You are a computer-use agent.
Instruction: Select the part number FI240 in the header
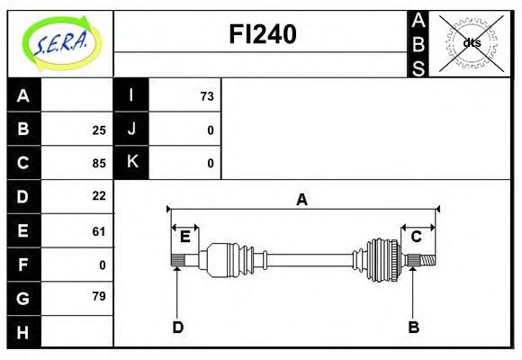[x=261, y=35]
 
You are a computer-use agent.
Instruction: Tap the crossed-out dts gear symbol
[x=471, y=42]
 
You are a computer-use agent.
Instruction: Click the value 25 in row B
[x=99, y=130]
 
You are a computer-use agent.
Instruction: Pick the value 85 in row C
[x=99, y=164]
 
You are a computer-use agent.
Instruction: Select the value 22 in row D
[x=99, y=196]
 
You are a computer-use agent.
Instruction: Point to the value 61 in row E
[x=99, y=231]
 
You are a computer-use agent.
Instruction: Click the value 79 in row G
[x=99, y=296]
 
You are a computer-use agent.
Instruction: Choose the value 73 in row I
[x=207, y=96]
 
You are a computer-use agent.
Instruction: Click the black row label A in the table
[x=23, y=96]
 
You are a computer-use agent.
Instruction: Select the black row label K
[x=131, y=163]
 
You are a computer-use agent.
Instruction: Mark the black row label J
[x=131, y=130]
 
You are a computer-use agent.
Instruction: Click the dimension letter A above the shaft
[x=302, y=200]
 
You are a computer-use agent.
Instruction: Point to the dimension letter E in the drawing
[x=184, y=237]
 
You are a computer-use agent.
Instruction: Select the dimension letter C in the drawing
[x=417, y=237]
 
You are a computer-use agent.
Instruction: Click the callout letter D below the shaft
[x=177, y=328]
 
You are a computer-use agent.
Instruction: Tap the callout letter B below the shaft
[x=413, y=328]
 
